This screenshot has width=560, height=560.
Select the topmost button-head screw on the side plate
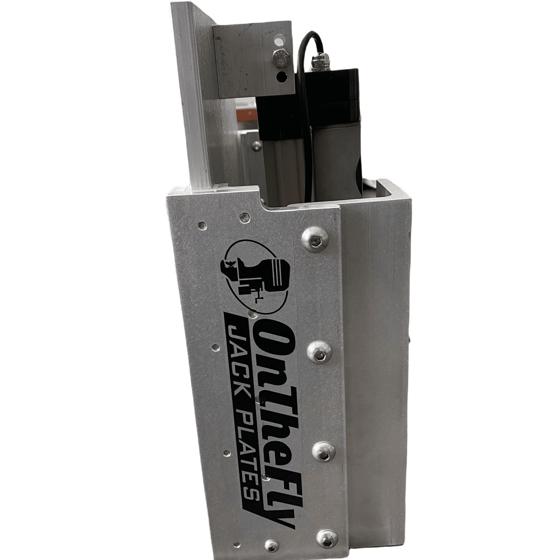[x=315, y=240]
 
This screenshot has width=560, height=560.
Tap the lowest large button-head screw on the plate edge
[x=327, y=541]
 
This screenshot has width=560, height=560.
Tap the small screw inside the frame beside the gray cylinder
[x=257, y=146]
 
